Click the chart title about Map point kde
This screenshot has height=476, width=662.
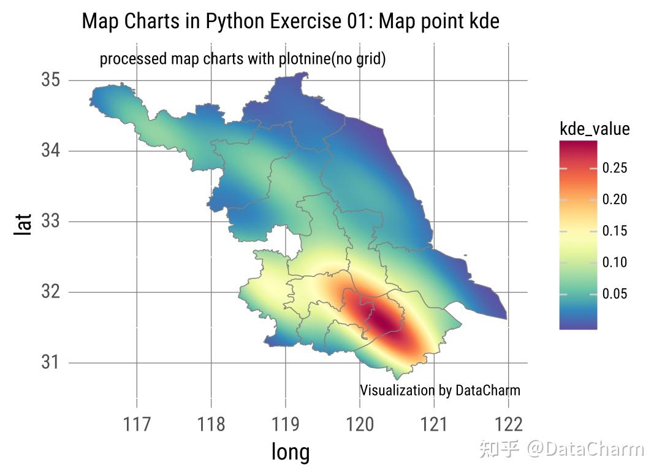coord(291,21)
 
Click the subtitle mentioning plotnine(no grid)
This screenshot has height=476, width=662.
coord(242,59)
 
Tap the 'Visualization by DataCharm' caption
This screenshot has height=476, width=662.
coord(439,390)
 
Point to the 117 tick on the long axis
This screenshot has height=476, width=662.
coord(136,424)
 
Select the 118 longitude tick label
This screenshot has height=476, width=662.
coord(211,424)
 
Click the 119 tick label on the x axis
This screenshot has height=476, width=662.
coord(285,424)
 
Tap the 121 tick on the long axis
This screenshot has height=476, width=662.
coord(434,424)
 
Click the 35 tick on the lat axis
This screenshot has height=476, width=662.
coord(50,80)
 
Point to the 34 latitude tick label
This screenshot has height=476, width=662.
coord(50,150)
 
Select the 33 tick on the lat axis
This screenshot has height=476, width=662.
coord(50,221)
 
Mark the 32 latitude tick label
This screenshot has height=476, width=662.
coord(50,291)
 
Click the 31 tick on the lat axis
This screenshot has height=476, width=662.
coord(50,362)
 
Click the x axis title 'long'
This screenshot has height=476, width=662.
coord(291,452)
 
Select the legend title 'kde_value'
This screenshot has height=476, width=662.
coord(595,129)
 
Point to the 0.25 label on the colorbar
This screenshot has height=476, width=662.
coord(615,168)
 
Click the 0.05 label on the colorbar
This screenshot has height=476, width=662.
coord(615,294)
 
